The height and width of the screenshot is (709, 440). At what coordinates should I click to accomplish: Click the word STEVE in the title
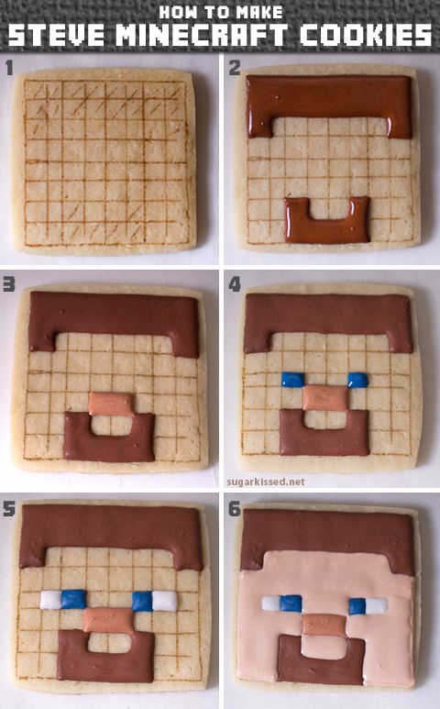click(57, 35)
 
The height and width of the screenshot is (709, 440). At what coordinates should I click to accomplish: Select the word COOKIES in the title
click(366, 35)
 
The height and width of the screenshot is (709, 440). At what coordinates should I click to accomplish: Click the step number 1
click(9, 68)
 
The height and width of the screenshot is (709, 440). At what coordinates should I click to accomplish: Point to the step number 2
click(235, 68)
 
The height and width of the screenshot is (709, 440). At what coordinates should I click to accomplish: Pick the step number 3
click(9, 284)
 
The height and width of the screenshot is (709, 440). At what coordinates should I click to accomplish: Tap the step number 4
click(235, 284)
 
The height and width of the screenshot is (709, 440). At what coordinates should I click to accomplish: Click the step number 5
click(9, 509)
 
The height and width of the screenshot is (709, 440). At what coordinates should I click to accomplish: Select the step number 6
click(235, 509)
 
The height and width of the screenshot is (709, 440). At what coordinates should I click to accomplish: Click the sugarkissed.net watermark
click(266, 482)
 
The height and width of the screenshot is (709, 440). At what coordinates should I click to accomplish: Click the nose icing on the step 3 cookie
click(111, 404)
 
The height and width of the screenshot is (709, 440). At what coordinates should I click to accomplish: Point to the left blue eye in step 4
click(292, 380)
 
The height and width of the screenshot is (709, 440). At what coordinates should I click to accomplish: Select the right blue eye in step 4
click(358, 380)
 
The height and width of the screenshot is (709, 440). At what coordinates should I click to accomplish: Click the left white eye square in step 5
click(50, 600)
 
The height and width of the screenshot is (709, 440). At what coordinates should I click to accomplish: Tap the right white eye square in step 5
click(165, 601)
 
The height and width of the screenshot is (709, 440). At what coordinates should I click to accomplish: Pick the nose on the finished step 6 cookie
click(324, 625)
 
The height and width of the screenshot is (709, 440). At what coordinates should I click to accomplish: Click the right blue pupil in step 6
click(357, 606)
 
